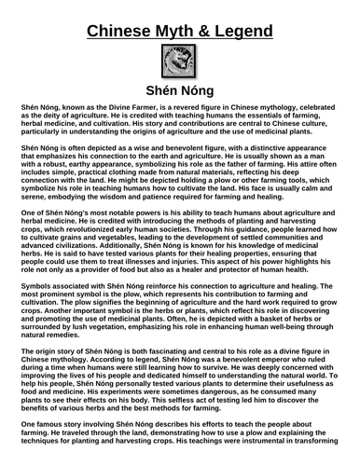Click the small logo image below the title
pyautogui.click(x=180, y=67)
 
